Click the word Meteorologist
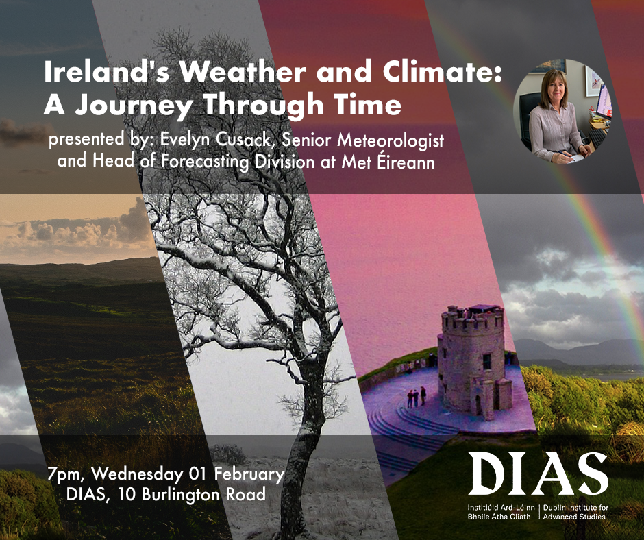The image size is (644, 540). click(391, 140)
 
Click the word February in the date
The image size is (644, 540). click(249, 474)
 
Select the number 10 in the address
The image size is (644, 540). click(127, 494)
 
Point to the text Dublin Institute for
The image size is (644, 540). click(575, 508)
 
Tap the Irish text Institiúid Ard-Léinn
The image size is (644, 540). click(501, 508)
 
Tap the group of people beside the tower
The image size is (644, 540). click(417, 397)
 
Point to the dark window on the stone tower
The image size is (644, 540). click(486, 361)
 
